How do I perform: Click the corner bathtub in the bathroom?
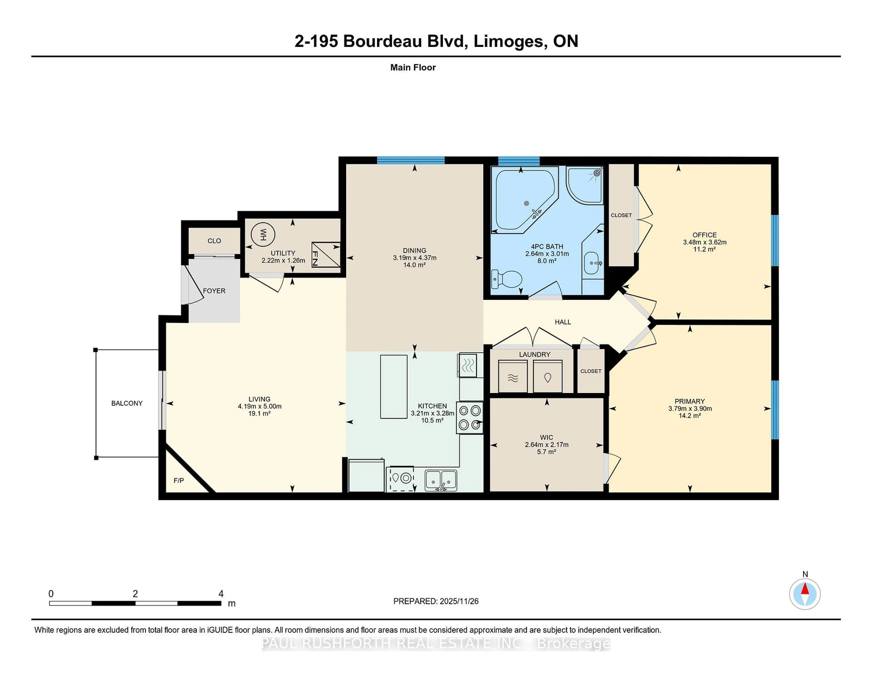tap(523, 200)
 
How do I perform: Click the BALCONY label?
tap(126, 403)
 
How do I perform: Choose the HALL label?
tap(562, 322)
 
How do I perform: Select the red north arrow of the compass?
tap(805, 589)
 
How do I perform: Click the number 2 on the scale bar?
tap(135, 594)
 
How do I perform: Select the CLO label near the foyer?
tap(214, 241)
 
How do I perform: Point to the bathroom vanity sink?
tap(592, 263)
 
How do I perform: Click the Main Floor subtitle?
tap(413, 67)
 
